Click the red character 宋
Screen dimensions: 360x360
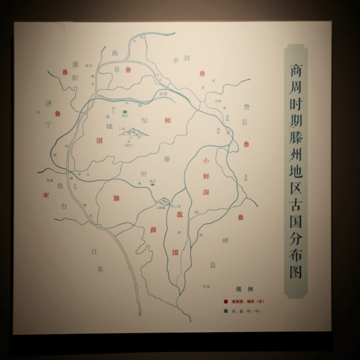45,195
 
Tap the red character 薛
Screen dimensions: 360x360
154,230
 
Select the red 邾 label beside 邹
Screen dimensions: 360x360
167,120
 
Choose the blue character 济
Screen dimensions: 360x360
48,104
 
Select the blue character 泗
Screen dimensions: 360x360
186,58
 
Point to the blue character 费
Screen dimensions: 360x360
245,107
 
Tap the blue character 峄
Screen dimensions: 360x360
225,240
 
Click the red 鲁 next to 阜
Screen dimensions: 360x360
128,70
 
